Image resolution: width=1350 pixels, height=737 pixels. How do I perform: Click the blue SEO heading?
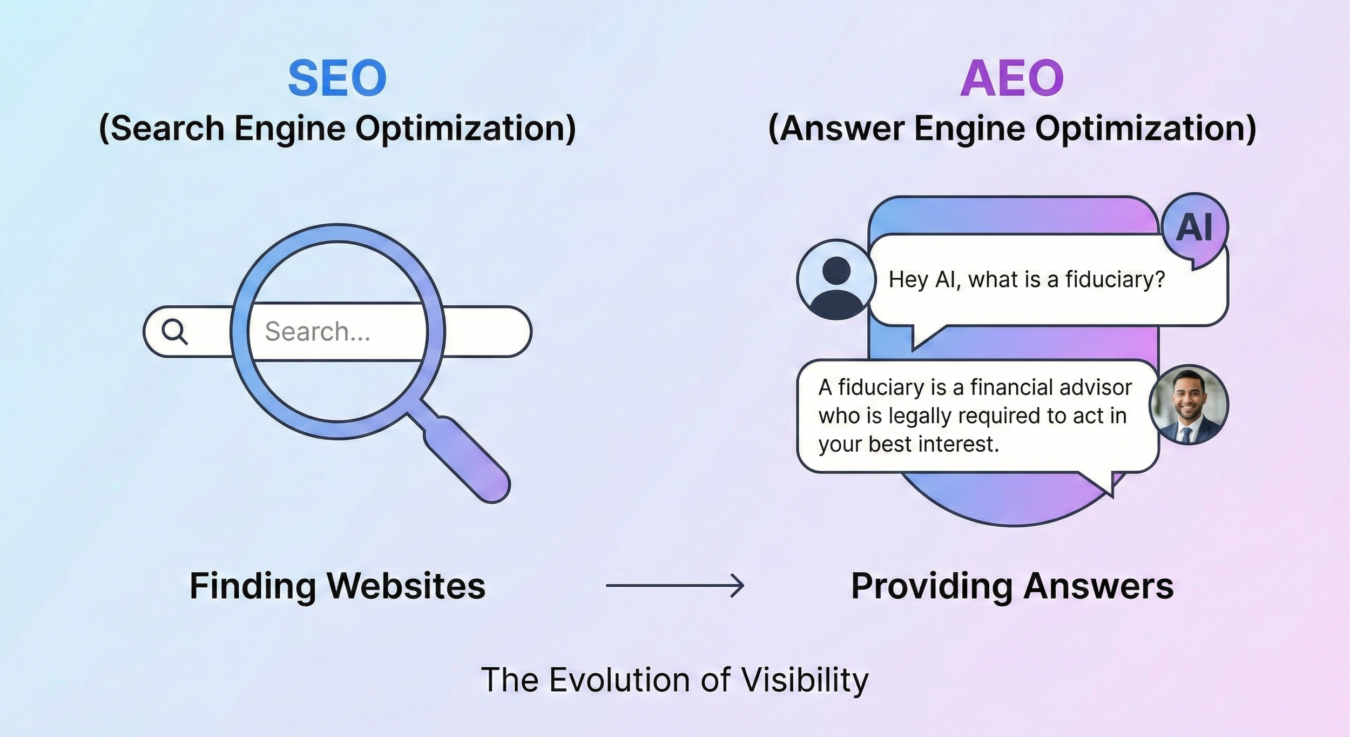coord(337,78)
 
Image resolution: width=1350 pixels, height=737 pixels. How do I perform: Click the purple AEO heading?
coord(1011,78)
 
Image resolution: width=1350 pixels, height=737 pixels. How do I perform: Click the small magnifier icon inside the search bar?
coord(174,332)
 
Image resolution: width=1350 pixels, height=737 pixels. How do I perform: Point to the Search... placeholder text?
coord(318,332)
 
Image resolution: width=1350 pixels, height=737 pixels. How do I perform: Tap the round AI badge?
coord(1194,227)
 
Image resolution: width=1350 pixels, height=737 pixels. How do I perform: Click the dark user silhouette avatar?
coord(836,279)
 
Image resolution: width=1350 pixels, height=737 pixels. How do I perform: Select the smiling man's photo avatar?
coord(1188,405)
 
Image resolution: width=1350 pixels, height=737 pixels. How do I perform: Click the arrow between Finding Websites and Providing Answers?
coord(675,585)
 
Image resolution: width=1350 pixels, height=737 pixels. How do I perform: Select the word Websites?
coord(407,586)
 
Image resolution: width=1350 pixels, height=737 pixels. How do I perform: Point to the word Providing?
coord(932,586)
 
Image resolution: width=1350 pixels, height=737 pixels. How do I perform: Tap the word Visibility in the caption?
coord(805,680)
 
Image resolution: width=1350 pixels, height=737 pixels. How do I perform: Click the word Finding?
coord(253,586)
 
